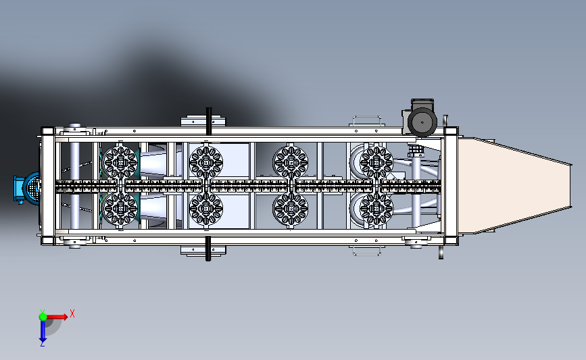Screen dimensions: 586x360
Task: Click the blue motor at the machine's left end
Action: (27, 188)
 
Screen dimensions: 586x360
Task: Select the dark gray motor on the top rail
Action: (420, 118)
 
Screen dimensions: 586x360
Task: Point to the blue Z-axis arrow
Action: (43, 331)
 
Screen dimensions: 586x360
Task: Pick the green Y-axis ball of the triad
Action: (43, 317)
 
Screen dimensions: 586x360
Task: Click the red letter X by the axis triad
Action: (72, 313)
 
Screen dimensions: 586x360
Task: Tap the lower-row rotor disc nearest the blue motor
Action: (120, 209)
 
